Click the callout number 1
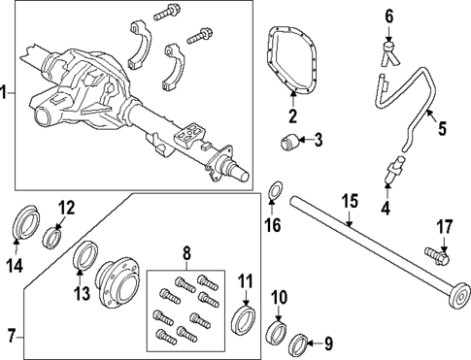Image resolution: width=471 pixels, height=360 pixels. pyautogui.click(x=7, y=93)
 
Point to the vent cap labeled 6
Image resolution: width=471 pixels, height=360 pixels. pyautogui.click(x=389, y=44)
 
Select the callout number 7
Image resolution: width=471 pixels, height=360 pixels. pyautogui.click(x=10, y=338)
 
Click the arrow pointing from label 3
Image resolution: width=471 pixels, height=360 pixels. pyautogui.click(x=305, y=142)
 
